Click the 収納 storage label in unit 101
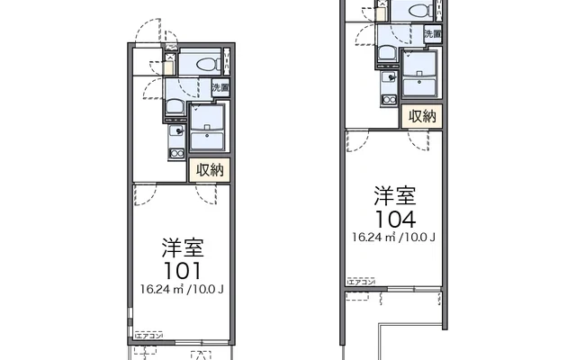click(212, 168)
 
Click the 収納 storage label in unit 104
click(424, 115)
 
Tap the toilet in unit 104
click(416, 11)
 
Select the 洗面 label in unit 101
click(220, 88)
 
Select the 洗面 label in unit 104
click(433, 34)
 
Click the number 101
click(181, 269)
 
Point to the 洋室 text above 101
click(181, 247)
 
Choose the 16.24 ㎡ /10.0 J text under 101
click(181, 289)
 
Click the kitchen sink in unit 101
click(176, 131)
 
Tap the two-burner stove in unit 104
click(389, 97)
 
